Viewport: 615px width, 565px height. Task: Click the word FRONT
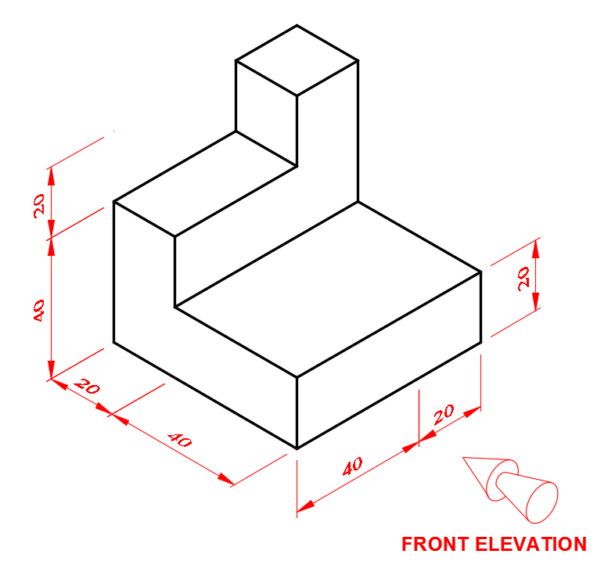click(x=435, y=544)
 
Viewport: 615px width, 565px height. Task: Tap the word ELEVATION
click(x=531, y=544)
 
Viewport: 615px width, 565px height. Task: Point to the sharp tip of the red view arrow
click(x=464, y=458)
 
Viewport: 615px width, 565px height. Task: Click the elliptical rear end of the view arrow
click(x=541, y=502)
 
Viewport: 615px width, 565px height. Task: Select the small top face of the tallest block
click(x=297, y=60)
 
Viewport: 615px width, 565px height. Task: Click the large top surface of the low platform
click(x=328, y=290)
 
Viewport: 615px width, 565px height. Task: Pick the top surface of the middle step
click(x=205, y=184)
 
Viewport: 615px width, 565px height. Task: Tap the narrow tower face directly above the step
click(x=266, y=113)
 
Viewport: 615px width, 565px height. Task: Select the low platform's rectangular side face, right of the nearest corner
click(x=389, y=360)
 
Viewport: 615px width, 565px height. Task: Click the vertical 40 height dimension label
click(x=39, y=311)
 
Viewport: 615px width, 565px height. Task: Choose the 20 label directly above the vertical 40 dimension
click(x=39, y=206)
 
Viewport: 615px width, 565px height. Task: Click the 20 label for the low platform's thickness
click(x=523, y=279)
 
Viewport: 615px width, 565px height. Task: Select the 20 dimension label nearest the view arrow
click(x=444, y=415)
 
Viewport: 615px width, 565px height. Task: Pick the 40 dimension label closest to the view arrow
click(x=353, y=466)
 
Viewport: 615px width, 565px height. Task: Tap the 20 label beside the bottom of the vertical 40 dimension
click(x=87, y=386)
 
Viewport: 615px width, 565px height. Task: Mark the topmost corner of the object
click(x=297, y=25)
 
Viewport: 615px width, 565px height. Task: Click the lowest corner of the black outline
click(x=297, y=448)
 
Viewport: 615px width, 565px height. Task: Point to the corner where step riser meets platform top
click(x=175, y=308)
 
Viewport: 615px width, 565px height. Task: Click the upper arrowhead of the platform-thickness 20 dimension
click(x=536, y=248)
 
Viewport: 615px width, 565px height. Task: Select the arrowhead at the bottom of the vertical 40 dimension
click(x=51, y=370)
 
